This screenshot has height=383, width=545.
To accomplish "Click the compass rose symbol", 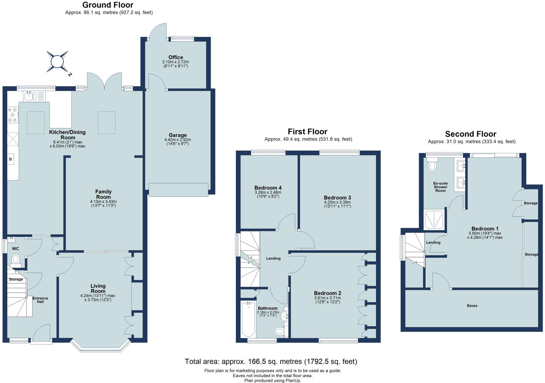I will click(x=57, y=62).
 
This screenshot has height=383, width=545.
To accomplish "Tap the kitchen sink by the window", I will click(x=28, y=96).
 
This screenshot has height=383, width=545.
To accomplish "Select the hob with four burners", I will click(x=13, y=115).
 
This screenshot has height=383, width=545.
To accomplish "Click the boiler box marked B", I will click(x=11, y=159).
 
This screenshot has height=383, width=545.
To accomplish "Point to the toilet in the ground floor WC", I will click(x=16, y=259).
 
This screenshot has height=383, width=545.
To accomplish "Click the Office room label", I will click(x=176, y=57).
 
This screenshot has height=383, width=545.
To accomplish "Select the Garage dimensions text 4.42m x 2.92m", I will click(x=177, y=140).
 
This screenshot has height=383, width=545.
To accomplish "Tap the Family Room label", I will click(x=103, y=194).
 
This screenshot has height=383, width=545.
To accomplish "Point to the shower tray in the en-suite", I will click(x=434, y=220).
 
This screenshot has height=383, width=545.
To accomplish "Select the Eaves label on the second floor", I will click(x=472, y=306).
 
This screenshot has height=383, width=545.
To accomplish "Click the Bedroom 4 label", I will click(x=268, y=188).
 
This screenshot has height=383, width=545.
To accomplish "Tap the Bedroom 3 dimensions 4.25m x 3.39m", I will click(x=337, y=202).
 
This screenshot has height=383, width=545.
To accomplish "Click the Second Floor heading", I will click(x=470, y=134).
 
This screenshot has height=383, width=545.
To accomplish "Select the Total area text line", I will click(x=271, y=361).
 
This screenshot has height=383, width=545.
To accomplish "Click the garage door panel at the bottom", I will click(x=178, y=190).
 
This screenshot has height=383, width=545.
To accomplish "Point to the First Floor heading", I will click(x=307, y=131).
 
